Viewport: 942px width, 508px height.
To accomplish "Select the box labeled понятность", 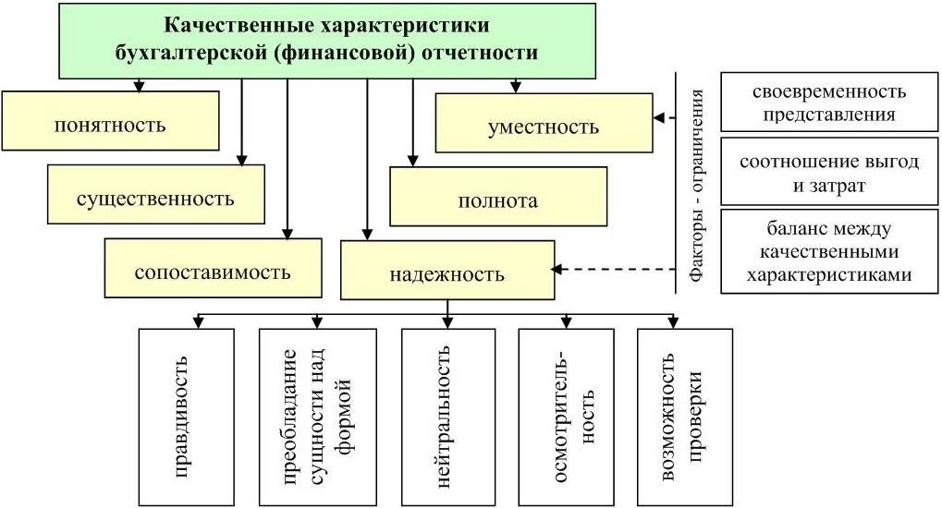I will tap(110, 121).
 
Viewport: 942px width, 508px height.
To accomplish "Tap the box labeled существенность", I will tap(155, 196).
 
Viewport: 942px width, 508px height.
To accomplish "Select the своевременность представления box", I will tap(829, 102).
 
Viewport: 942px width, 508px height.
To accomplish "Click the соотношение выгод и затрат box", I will tap(829, 173).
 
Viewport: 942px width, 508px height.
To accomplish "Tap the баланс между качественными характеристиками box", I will tap(829, 251).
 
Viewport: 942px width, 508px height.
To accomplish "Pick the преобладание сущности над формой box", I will tap(318, 416).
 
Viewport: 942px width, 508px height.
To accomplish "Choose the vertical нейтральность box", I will tap(447, 416).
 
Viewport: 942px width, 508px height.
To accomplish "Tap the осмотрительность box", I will tap(566, 416).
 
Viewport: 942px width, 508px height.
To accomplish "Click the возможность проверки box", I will tap(685, 416).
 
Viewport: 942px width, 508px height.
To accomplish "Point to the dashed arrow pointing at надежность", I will tap(615, 270).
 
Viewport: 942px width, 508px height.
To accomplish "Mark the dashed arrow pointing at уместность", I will tap(669, 118).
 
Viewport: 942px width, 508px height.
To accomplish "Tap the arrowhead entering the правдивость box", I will tap(196, 323).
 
